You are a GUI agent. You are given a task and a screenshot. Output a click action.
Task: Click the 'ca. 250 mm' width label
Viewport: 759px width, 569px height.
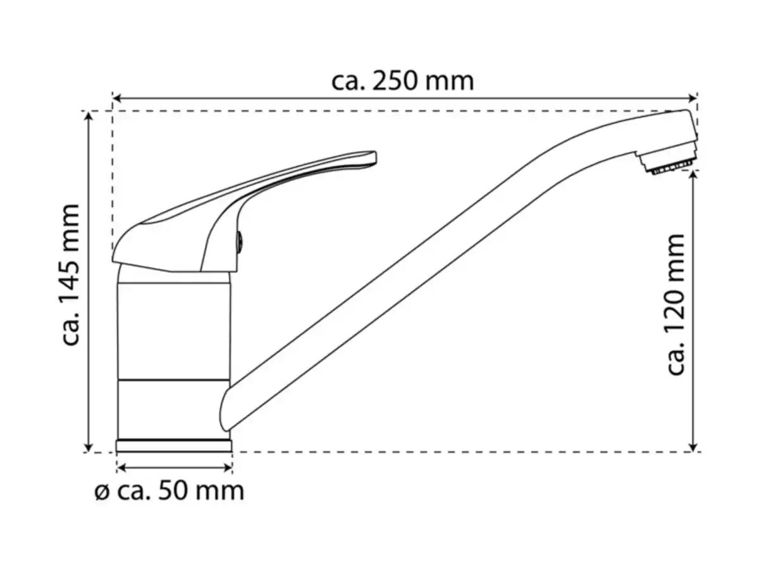[402, 81]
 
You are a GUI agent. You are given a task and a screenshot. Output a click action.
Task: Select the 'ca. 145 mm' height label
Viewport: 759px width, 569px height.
[71, 275]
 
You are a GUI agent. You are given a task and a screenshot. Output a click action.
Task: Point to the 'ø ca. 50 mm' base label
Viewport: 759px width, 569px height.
[170, 491]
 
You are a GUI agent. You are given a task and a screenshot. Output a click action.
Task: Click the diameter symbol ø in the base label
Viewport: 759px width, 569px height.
[102, 493]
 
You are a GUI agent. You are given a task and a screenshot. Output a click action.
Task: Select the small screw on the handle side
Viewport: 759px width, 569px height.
[240, 240]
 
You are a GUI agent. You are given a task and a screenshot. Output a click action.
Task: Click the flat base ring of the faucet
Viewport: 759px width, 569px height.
[174, 445]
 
